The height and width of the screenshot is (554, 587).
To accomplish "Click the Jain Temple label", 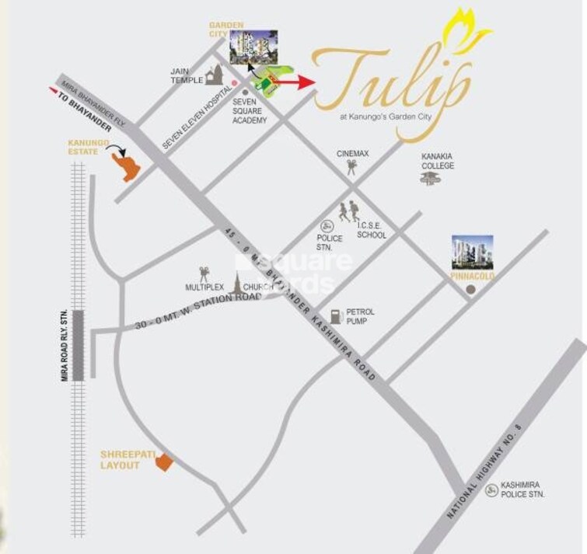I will click(x=185, y=75).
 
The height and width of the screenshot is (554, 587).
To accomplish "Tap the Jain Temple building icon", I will click(x=215, y=75).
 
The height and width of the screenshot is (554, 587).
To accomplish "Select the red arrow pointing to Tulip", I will click(x=296, y=81).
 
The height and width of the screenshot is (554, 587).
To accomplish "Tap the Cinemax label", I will click(x=351, y=154).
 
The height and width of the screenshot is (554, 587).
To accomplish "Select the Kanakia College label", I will click(x=437, y=161).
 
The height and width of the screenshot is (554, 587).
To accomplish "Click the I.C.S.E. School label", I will click(x=371, y=230).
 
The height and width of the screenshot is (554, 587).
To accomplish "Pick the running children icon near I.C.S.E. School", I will click(x=349, y=211).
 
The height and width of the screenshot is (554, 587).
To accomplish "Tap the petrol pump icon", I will click(x=334, y=316).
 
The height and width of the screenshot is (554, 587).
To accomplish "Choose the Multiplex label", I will click(x=204, y=287).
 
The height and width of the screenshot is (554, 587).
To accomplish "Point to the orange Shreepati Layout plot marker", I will click(x=163, y=463).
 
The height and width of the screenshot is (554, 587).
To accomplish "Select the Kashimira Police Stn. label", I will click(x=522, y=489).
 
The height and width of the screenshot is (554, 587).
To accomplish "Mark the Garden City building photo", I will click(x=253, y=48).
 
